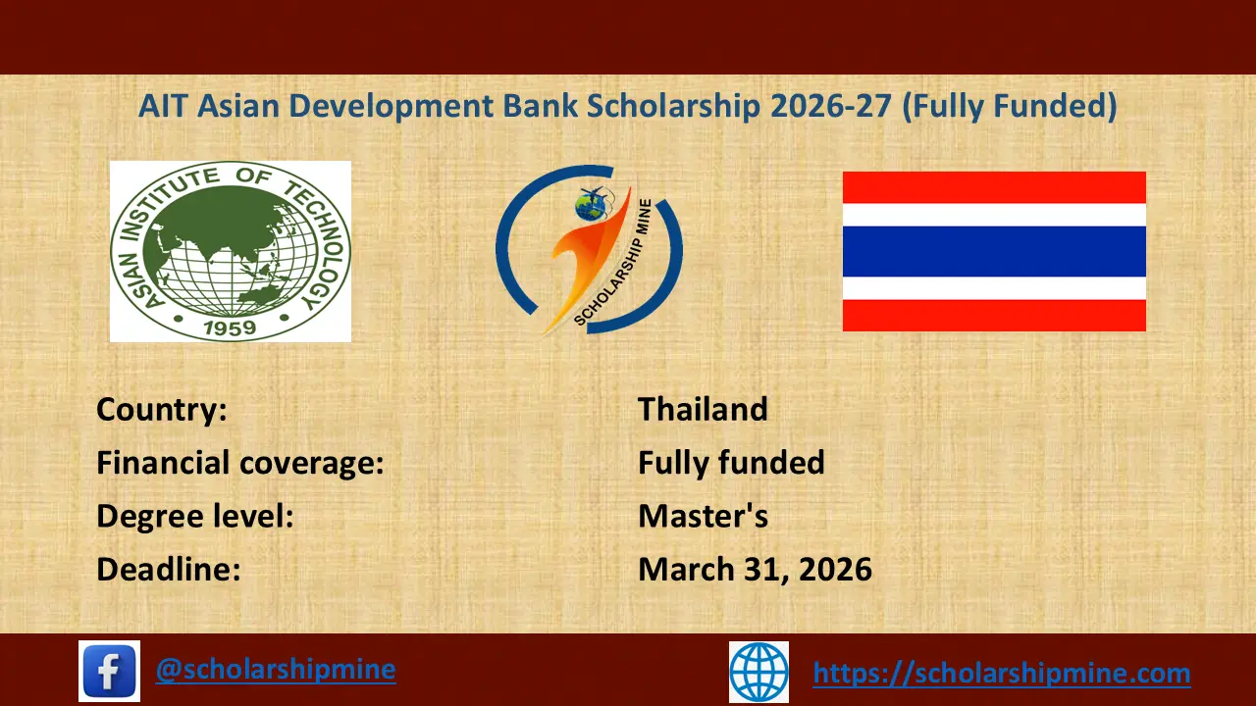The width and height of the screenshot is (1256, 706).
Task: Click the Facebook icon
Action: (109, 671)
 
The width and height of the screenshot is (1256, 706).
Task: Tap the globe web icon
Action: (759, 672)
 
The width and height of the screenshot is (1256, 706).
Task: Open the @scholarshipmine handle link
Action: (276, 670)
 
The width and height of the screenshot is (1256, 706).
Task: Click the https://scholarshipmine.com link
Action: (1002, 674)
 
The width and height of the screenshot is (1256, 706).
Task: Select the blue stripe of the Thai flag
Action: (994, 251)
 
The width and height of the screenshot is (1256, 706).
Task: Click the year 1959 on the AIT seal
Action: (231, 326)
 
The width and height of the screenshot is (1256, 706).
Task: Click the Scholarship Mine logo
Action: (589, 250)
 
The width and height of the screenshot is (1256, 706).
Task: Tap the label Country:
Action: (162, 409)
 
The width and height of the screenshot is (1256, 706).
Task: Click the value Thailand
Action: (703, 409)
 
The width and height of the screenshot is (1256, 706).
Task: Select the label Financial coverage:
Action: (239, 463)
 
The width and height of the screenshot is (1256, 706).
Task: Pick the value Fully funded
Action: (731, 463)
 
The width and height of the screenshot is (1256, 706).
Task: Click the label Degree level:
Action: (195, 516)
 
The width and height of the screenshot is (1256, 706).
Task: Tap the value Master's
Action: (703, 516)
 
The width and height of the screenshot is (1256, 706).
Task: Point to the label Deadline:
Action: (169, 569)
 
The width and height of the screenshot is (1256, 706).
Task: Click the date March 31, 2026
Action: (755, 569)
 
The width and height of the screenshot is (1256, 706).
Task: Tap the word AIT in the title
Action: (164, 106)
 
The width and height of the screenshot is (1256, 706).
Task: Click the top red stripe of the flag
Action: (994, 187)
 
